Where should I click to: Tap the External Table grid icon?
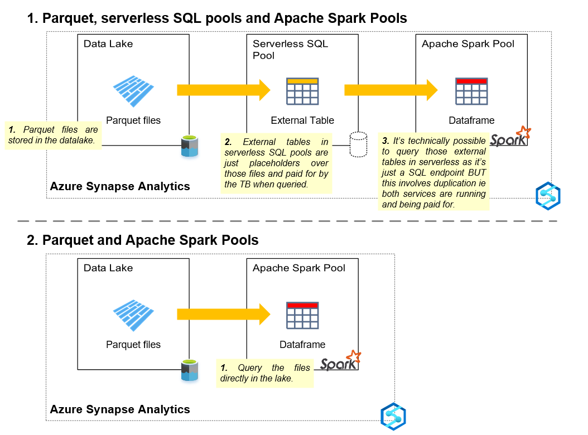point(302,91)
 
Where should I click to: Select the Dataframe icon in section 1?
point(471,91)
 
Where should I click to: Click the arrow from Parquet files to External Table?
point(223,90)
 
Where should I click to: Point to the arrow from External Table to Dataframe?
point(391,90)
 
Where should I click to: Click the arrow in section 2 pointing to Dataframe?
point(223,315)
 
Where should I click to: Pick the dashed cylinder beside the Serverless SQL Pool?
point(358,144)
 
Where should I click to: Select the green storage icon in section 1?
point(190,146)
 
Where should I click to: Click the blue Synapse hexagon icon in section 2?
point(393,416)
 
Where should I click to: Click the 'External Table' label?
point(302,120)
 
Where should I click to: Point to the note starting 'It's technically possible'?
point(433,172)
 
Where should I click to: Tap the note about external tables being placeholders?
point(276,163)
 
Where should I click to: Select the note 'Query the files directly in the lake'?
point(264,373)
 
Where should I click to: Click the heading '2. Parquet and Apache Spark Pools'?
point(143,240)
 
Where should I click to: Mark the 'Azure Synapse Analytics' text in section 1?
point(120,186)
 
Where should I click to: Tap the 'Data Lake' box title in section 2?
point(108,268)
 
